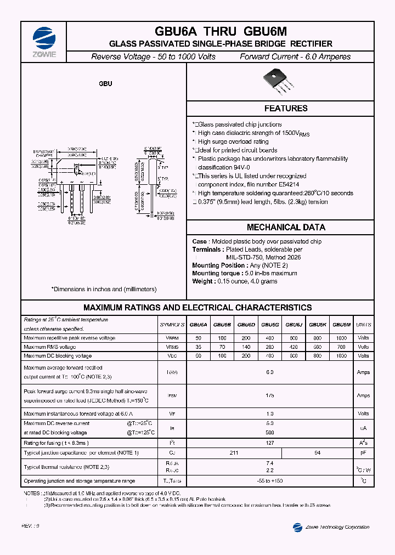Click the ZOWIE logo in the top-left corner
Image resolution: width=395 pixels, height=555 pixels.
click(x=44, y=39)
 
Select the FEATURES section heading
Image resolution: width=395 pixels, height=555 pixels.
click(x=286, y=109)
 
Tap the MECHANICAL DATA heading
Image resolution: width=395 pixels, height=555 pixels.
click(x=286, y=227)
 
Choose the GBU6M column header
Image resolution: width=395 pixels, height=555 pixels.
click(x=342, y=325)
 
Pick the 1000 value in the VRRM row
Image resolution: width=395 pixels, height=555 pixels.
click(x=342, y=338)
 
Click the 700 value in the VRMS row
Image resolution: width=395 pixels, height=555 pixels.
click(x=342, y=347)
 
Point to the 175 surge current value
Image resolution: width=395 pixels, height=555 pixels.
click(x=269, y=395)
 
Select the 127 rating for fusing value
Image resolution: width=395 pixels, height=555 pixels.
click(x=269, y=443)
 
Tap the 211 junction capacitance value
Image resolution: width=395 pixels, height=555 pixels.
click(x=234, y=453)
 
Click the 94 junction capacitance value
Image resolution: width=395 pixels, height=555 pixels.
click(x=317, y=453)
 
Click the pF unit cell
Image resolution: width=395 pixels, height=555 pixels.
click(x=363, y=453)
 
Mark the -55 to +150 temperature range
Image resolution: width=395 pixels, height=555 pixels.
click(x=269, y=481)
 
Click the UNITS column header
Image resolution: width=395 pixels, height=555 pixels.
click(x=363, y=325)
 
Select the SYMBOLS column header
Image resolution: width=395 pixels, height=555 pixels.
click(x=172, y=325)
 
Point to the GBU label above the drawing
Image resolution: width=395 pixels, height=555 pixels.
click(x=105, y=84)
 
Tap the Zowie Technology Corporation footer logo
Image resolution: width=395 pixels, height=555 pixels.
click(x=298, y=527)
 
